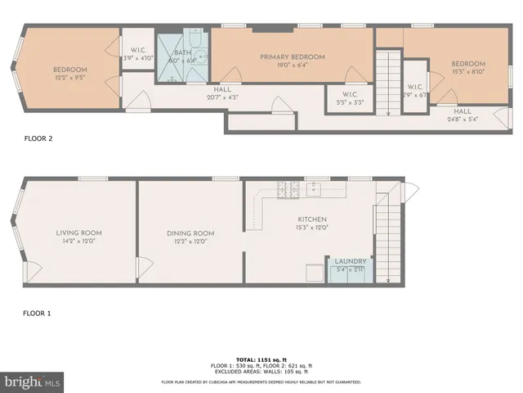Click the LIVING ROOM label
pos(78,233)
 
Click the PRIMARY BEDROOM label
pos(293,56)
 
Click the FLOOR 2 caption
pos(38,138)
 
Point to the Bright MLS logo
pos(32,381)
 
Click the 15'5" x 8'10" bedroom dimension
pos(468,72)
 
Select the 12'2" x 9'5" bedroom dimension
pos(70,79)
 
